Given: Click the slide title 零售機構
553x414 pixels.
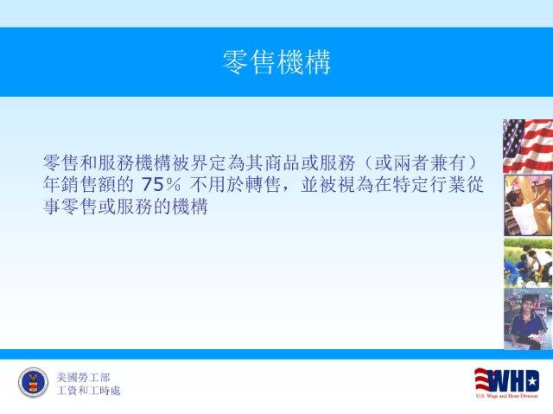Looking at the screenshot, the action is [276, 62].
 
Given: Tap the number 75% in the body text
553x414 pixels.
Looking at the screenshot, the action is [162, 184].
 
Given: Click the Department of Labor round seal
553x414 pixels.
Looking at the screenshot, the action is [34, 382].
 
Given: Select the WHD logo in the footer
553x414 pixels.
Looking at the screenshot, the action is [507, 383].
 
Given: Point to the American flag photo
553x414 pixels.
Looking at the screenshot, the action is [528, 146].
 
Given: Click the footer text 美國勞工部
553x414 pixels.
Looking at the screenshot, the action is [83, 378].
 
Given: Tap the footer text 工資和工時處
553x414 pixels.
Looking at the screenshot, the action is [88, 391].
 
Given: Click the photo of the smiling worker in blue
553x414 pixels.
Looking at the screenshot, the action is [528, 319].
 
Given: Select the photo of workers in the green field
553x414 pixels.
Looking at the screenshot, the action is [528, 263].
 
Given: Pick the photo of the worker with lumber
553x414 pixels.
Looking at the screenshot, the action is [528, 205].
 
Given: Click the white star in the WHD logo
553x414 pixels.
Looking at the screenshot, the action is [532, 381].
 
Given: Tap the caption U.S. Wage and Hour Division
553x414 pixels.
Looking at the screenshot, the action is [507, 396].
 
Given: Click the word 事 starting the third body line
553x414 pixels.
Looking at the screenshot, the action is [52, 207].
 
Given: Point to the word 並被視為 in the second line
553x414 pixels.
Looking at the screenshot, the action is [337, 184].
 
